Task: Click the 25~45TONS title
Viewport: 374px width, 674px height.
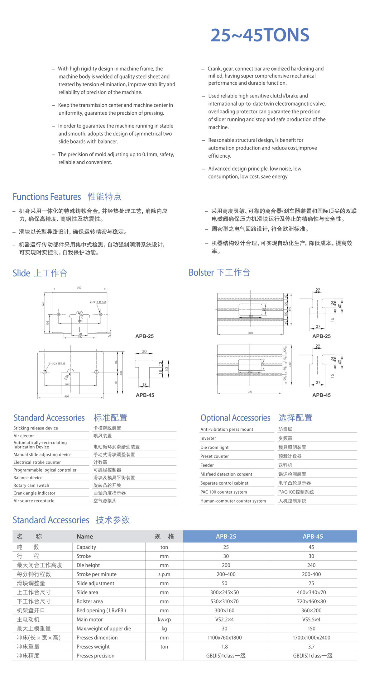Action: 260,35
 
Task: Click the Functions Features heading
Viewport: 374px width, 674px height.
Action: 47,197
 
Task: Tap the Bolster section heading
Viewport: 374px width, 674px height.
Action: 219,273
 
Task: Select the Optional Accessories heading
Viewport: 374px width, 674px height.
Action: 235,418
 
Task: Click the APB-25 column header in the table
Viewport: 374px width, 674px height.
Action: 226,536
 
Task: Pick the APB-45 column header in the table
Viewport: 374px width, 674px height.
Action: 313,536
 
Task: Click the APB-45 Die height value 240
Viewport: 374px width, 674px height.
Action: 311,565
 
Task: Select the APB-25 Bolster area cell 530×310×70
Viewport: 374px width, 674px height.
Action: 224,601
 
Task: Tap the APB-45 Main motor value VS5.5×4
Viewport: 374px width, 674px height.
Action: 311,619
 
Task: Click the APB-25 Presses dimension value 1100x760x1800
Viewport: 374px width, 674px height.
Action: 224,637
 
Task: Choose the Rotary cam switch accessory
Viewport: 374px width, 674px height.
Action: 31,485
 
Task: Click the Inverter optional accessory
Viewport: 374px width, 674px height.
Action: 208,438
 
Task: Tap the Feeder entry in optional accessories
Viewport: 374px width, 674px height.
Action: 207,465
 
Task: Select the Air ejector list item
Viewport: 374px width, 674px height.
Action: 24,436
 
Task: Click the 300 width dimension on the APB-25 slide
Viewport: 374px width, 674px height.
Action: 79,287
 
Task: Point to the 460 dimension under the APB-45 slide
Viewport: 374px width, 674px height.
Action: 67,396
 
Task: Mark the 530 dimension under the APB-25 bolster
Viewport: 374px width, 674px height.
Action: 251,333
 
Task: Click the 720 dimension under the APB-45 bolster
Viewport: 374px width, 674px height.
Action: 250,392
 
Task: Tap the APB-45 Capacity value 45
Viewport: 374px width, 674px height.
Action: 311,547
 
